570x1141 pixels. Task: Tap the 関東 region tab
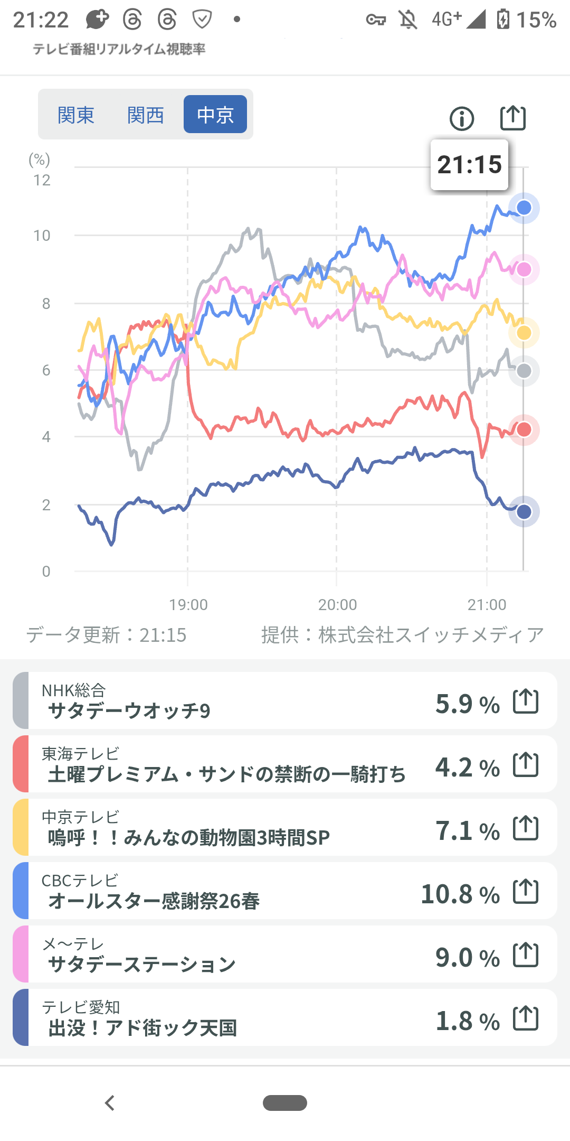pyautogui.click(x=76, y=115)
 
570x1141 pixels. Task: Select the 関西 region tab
pyautogui.click(x=146, y=115)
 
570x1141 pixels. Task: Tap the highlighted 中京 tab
pyautogui.click(x=215, y=115)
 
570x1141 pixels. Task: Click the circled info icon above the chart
pyautogui.click(x=462, y=118)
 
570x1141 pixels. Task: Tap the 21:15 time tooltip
pyautogui.click(x=469, y=165)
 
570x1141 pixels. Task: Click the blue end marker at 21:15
pyautogui.click(x=524, y=208)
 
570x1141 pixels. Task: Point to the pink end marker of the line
pyautogui.click(x=524, y=269)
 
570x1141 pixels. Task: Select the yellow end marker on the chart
pyautogui.click(x=524, y=333)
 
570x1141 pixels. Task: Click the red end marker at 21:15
pyautogui.click(x=524, y=429)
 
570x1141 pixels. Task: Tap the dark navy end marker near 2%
pyautogui.click(x=524, y=511)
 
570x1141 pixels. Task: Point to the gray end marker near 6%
pyautogui.click(x=524, y=371)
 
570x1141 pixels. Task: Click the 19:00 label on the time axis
pyautogui.click(x=188, y=604)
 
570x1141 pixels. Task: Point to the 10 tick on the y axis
pyautogui.click(x=42, y=236)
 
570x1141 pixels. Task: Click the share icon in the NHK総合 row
pyautogui.click(x=526, y=702)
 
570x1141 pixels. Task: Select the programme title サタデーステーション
pyautogui.click(x=142, y=965)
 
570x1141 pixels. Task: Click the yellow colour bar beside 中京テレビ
pyautogui.click(x=21, y=827)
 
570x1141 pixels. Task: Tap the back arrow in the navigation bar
pyautogui.click(x=110, y=1103)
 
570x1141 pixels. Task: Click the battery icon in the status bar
pyautogui.click(x=503, y=20)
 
